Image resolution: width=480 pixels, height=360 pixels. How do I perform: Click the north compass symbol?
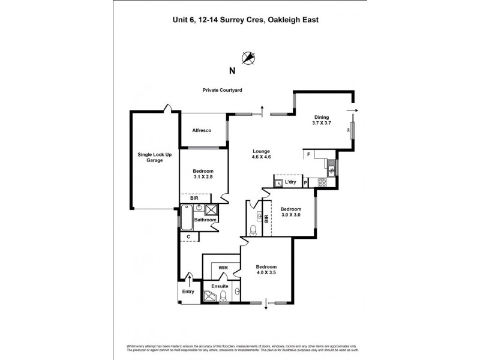[x=248, y=58]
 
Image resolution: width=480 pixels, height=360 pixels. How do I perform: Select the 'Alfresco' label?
[x=202, y=130]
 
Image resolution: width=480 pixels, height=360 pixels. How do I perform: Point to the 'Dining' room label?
[x=322, y=118]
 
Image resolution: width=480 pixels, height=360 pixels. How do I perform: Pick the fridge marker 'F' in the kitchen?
[x=309, y=154]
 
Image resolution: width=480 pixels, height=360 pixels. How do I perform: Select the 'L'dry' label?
[x=290, y=182]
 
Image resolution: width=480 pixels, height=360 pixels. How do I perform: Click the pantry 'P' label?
[x=306, y=182]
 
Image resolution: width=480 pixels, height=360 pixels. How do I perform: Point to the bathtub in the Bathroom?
[x=187, y=218]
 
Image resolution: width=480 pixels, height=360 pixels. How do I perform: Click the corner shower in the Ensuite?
[x=211, y=296]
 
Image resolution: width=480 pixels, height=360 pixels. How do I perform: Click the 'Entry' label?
[x=189, y=292]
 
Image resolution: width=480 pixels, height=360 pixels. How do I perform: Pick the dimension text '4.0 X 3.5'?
[x=266, y=274]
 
